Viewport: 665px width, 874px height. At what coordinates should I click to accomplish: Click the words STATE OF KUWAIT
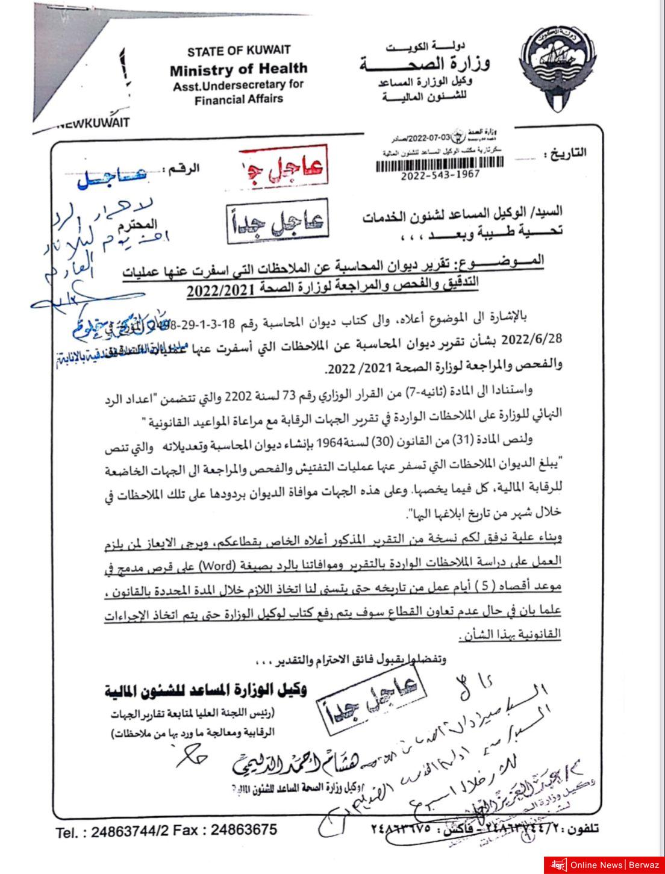(x=239, y=51)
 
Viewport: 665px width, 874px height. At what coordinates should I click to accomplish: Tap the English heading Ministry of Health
(x=239, y=69)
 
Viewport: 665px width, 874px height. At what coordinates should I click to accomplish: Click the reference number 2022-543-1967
(x=440, y=175)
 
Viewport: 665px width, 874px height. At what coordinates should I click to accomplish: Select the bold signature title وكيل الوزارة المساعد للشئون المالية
(x=205, y=690)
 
